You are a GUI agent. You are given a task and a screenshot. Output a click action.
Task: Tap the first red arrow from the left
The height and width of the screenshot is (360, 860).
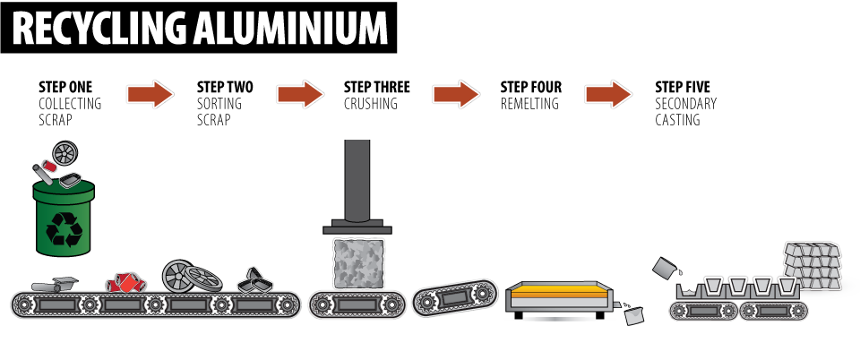click(x=150, y=93)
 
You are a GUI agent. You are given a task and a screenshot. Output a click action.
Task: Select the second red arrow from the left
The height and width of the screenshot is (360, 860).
click(x=299, y=93)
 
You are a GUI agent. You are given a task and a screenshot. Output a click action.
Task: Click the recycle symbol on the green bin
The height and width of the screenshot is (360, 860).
click(x=64, y=229)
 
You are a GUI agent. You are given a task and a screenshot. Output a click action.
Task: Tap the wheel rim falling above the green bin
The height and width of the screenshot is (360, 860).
click(x=64, y=153)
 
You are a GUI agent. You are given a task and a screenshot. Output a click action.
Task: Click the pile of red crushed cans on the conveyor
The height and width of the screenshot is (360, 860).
click(x=125, y=282)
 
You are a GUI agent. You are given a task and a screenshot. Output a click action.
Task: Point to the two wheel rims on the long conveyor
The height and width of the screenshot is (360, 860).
click(x=191, y=276)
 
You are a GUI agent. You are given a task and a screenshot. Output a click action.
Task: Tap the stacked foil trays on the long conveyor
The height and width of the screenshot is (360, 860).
click(x=256, y=280)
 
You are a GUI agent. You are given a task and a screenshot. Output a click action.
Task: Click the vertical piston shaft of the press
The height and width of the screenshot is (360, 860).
click(x=357, y=179)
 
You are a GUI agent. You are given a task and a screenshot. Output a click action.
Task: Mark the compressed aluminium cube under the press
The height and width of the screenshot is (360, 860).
click(x=358, y=263)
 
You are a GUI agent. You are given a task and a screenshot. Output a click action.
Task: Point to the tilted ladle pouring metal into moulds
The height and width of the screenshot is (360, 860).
click(x=667, y=268)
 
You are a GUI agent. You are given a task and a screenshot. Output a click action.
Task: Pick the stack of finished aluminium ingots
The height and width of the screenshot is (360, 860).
click(x=813, y=264)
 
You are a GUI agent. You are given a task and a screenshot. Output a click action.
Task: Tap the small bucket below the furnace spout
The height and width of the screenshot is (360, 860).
click(x=634, y=315)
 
